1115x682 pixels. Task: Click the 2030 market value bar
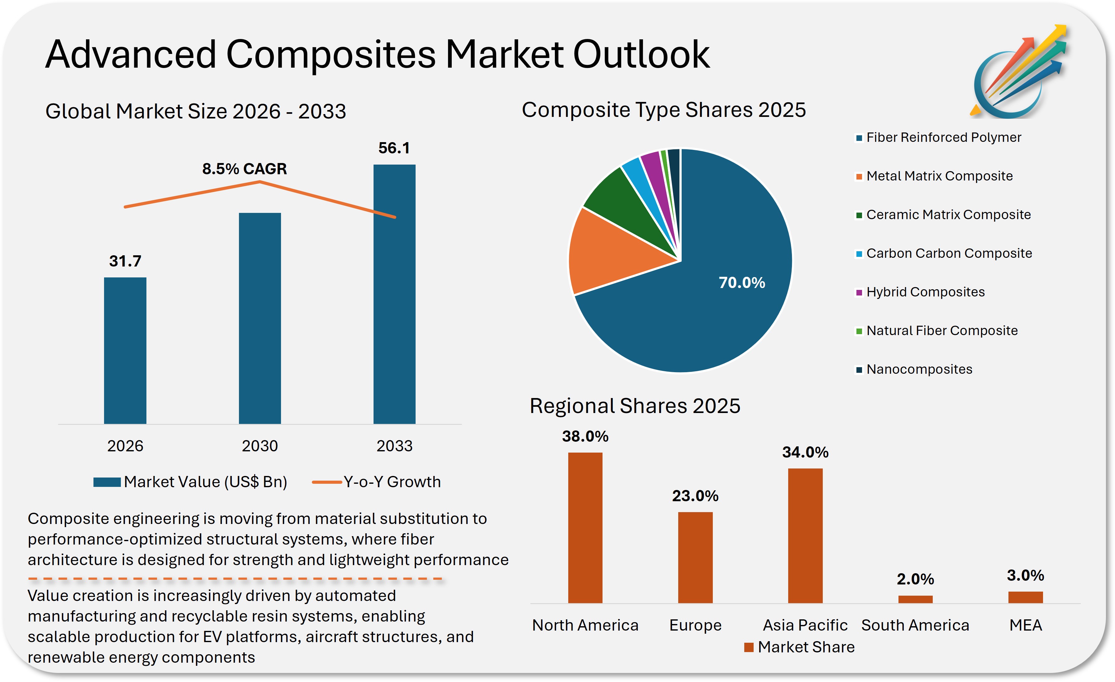coord(260,318)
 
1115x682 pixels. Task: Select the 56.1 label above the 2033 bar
coord(394,148)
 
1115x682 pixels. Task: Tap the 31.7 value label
coord(125,261)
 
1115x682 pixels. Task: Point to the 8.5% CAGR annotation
coord(244,169)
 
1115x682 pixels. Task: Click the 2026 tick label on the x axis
coord(125,446)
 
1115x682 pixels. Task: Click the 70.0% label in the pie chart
coord(742,283)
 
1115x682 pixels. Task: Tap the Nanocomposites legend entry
coord(919,370)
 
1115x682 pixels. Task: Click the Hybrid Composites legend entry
coord(925,292)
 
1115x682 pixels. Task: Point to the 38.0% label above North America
coord(585,437)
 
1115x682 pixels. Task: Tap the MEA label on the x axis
coord(1025,625)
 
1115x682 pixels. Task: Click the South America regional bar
coord(915,599)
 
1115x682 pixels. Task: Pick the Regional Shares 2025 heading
coord(635,406)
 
